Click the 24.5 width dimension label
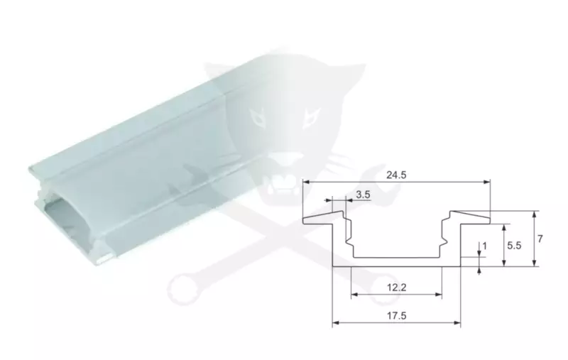[396, 175]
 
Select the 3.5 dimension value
[363, 195]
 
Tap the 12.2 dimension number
[397, 288]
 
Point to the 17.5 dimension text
[397, 316]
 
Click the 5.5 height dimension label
[514, 246]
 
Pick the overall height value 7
[540, 239]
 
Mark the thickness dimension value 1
[485, 246]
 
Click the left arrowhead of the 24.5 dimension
[307, 182]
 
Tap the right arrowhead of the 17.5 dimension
[457, 322]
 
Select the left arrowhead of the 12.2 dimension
[354, 294]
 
